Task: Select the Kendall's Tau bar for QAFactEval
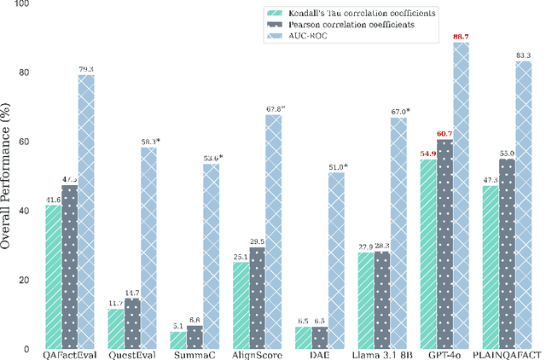53,276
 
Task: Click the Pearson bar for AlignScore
257,298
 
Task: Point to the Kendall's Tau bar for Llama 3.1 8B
364,300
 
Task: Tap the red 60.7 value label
444,134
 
